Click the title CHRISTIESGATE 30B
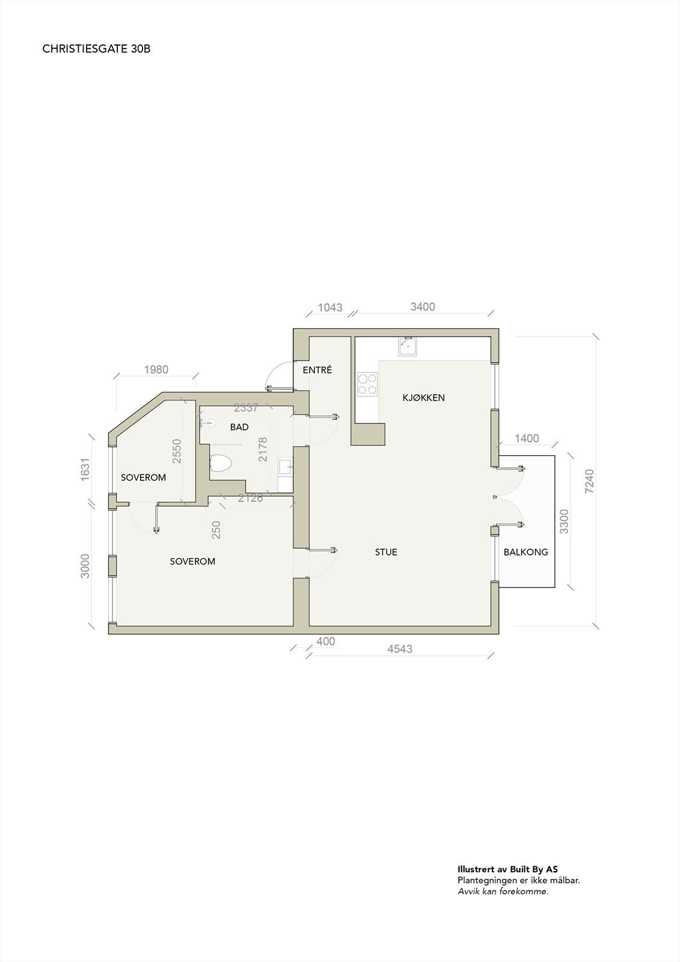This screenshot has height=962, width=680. tap(96, 49)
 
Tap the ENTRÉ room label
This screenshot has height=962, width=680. tap(317, 370)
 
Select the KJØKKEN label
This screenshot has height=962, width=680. tap(423, 397)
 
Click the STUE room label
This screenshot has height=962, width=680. tap(386, 552)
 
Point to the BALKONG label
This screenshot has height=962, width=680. tap(525, 552)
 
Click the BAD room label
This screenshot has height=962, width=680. tap(239, 427)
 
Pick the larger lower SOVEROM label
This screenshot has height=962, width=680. tap(192, 562)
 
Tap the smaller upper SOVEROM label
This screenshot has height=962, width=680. tap(143, 478)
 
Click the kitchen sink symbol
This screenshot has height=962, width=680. tap(407, 346)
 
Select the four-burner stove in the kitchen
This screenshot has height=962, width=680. tap(368, 384)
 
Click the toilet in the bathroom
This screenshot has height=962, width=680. tap(221, 464)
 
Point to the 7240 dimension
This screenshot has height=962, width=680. tap(589, 482)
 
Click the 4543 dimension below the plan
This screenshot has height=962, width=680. tap(400, 649)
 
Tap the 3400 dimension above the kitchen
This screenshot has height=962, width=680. tap(423, 307)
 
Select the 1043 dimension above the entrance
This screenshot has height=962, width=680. tap(330, 308)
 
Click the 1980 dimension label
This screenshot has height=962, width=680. tap(156, 370)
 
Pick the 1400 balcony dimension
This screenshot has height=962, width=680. tap(527, 439)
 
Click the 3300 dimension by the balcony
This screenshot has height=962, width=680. tap(564, 521)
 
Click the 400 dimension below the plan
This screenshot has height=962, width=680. tap(325, 642)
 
